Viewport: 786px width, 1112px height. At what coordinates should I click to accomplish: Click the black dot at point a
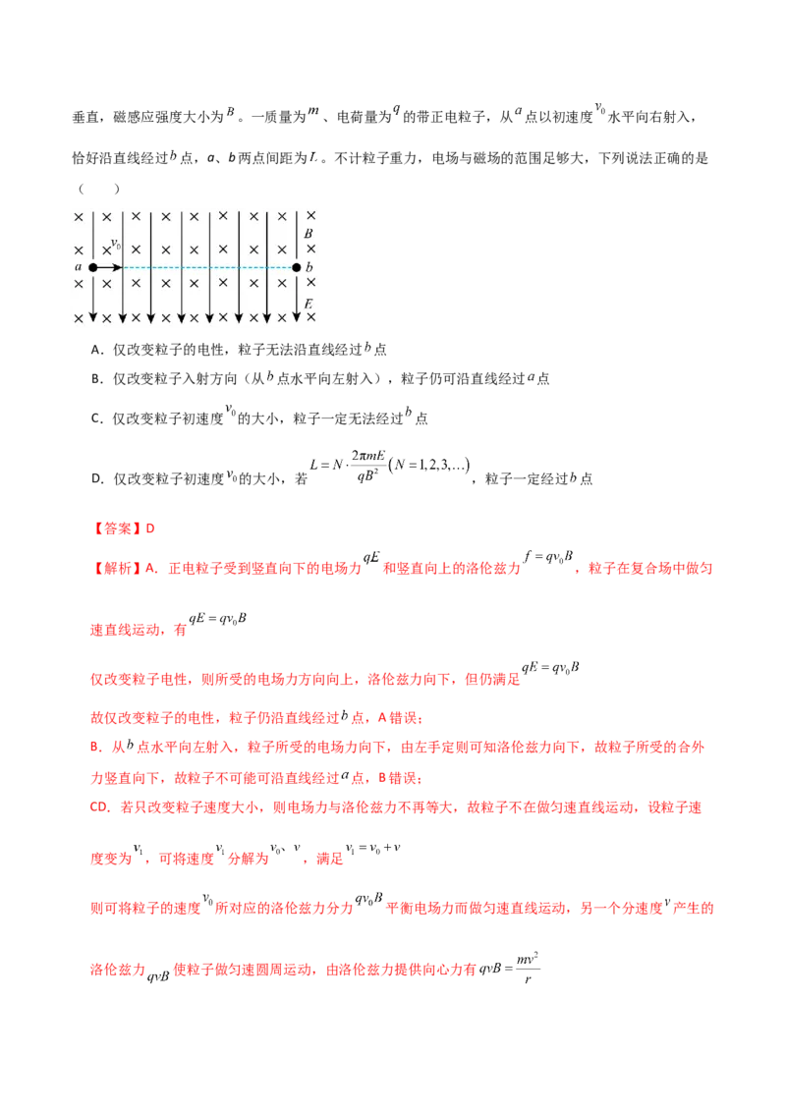93,267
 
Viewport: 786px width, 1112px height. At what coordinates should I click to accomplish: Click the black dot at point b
297,267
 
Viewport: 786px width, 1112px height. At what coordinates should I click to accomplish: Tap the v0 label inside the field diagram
116,244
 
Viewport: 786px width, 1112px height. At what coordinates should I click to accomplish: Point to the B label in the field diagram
309,233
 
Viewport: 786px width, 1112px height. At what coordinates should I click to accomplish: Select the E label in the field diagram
309,304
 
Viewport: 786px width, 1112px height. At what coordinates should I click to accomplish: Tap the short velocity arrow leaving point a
109,267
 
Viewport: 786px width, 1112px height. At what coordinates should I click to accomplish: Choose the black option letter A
96,350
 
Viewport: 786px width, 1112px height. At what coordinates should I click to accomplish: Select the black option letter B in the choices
96,379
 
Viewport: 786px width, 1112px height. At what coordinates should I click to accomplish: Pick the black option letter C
96,418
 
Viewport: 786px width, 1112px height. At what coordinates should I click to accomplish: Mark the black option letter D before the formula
96,478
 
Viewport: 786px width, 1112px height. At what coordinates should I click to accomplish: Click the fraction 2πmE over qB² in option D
368,466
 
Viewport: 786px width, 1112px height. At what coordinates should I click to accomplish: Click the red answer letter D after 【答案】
149,528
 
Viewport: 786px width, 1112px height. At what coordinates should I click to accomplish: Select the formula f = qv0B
548,557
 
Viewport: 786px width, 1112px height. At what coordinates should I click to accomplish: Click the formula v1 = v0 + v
372,848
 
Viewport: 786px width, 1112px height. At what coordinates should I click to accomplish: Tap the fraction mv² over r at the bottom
527,969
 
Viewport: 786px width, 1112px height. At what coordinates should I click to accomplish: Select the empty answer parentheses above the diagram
98,189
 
